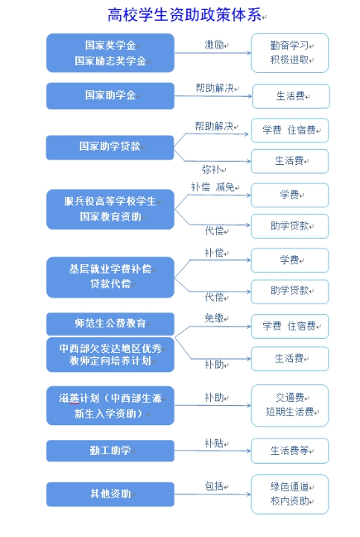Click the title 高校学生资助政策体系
185,15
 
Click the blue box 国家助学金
110,95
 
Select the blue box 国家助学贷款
110,147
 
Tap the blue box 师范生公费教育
110,324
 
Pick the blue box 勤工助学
110,450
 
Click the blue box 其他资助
110,494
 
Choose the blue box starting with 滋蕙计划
110,406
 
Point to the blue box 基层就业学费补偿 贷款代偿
110,277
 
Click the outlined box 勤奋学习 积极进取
290,53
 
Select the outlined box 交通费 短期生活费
290,405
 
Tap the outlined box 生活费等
290,450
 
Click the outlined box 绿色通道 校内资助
290,494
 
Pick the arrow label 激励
214,45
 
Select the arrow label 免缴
214,318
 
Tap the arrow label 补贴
214,443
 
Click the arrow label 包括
214,486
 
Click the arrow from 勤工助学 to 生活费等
213,450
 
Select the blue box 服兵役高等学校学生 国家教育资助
110,210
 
